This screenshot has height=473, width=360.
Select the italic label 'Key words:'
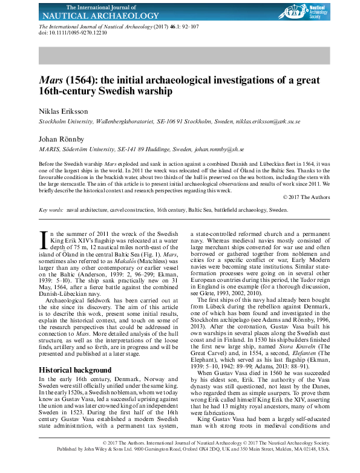[x=51, y=210]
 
